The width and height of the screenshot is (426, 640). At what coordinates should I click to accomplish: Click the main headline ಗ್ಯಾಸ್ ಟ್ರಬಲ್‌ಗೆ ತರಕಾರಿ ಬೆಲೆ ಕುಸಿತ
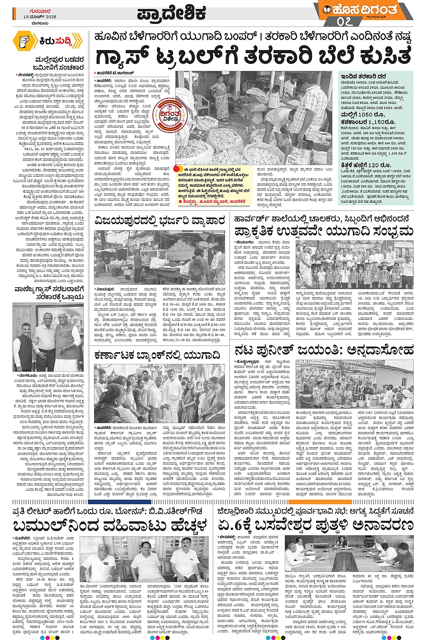[x=253, y=57]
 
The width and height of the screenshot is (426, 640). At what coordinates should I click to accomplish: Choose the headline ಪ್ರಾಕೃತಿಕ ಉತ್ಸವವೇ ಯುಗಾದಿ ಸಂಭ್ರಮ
[x=323, y=231]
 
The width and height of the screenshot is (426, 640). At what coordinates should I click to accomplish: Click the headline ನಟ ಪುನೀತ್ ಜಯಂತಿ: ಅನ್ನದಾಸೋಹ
[x=324, y=349]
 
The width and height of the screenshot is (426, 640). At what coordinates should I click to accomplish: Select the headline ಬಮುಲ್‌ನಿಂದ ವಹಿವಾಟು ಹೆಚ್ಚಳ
[x=110, y=525]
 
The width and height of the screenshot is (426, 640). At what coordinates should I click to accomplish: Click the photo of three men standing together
[x=48, y=336]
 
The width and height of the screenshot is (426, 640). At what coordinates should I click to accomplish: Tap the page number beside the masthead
[x=343, y=21]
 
